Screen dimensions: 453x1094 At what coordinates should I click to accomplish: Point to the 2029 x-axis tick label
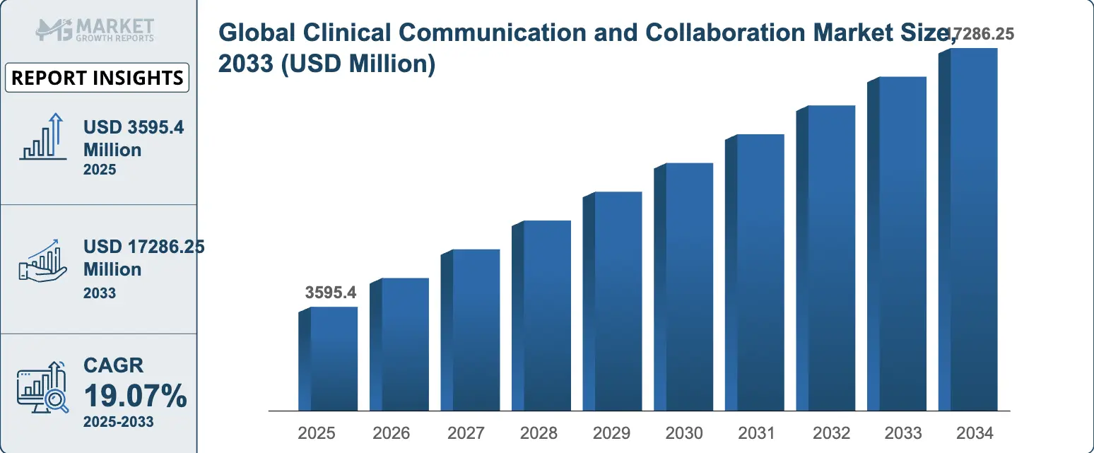coord(611,433)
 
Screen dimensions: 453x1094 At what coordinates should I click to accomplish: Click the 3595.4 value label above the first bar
coord(331,293)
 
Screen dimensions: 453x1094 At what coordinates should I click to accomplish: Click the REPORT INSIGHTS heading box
coord(98,78)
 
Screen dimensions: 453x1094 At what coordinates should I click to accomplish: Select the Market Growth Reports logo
coord(96,30)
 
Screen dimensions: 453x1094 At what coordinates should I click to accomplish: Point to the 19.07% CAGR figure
coord(136,397)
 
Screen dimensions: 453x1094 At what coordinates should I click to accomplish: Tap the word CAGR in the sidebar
coord(113,365)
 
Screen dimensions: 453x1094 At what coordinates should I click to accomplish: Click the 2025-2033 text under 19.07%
coord(118,423)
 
